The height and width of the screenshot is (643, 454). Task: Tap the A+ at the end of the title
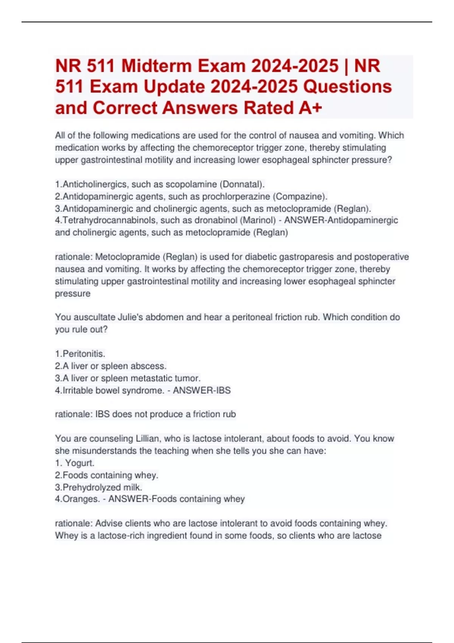(x=310, y=108)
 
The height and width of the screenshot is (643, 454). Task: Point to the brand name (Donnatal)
(x=242, y=184)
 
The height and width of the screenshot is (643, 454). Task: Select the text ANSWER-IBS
(x=202, y=390)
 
